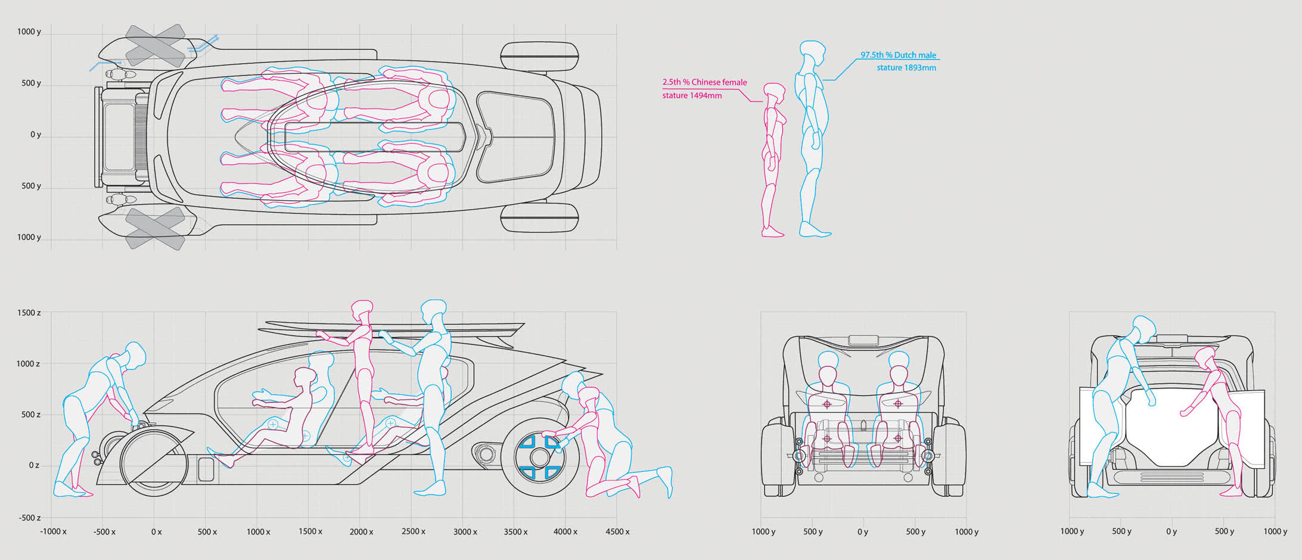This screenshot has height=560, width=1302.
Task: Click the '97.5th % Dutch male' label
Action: [x=898, y=55]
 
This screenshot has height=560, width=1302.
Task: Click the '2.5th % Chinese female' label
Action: [x=704, y=82]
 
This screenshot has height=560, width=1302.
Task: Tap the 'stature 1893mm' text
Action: [x=906, y=68]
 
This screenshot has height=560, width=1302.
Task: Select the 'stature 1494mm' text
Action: [x=692, y=95]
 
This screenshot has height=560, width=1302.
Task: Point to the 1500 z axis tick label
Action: [x=29, y=313]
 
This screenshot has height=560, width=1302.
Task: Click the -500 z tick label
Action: [x=28, y=518]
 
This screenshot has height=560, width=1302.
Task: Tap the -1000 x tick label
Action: [x=53, y=531]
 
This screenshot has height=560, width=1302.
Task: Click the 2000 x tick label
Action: [x=361, y=531]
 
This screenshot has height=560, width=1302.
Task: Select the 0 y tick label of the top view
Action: [x=36, y=135]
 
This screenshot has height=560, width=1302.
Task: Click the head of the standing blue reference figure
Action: [x=812, y=52]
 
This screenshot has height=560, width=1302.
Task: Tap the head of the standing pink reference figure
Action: [x=774, y=92]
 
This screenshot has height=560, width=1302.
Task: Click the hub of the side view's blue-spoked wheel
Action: [x=540, y=458]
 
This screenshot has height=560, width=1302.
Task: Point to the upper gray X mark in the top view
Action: [x=155, y=45]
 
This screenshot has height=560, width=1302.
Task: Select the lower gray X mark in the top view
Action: [x=155, y=228]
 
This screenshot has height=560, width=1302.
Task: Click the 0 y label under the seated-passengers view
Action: [x=862, y=531]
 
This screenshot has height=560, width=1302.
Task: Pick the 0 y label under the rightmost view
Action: [x=1171, y=531]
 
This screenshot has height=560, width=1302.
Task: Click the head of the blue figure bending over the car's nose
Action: [x=135, y=354]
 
